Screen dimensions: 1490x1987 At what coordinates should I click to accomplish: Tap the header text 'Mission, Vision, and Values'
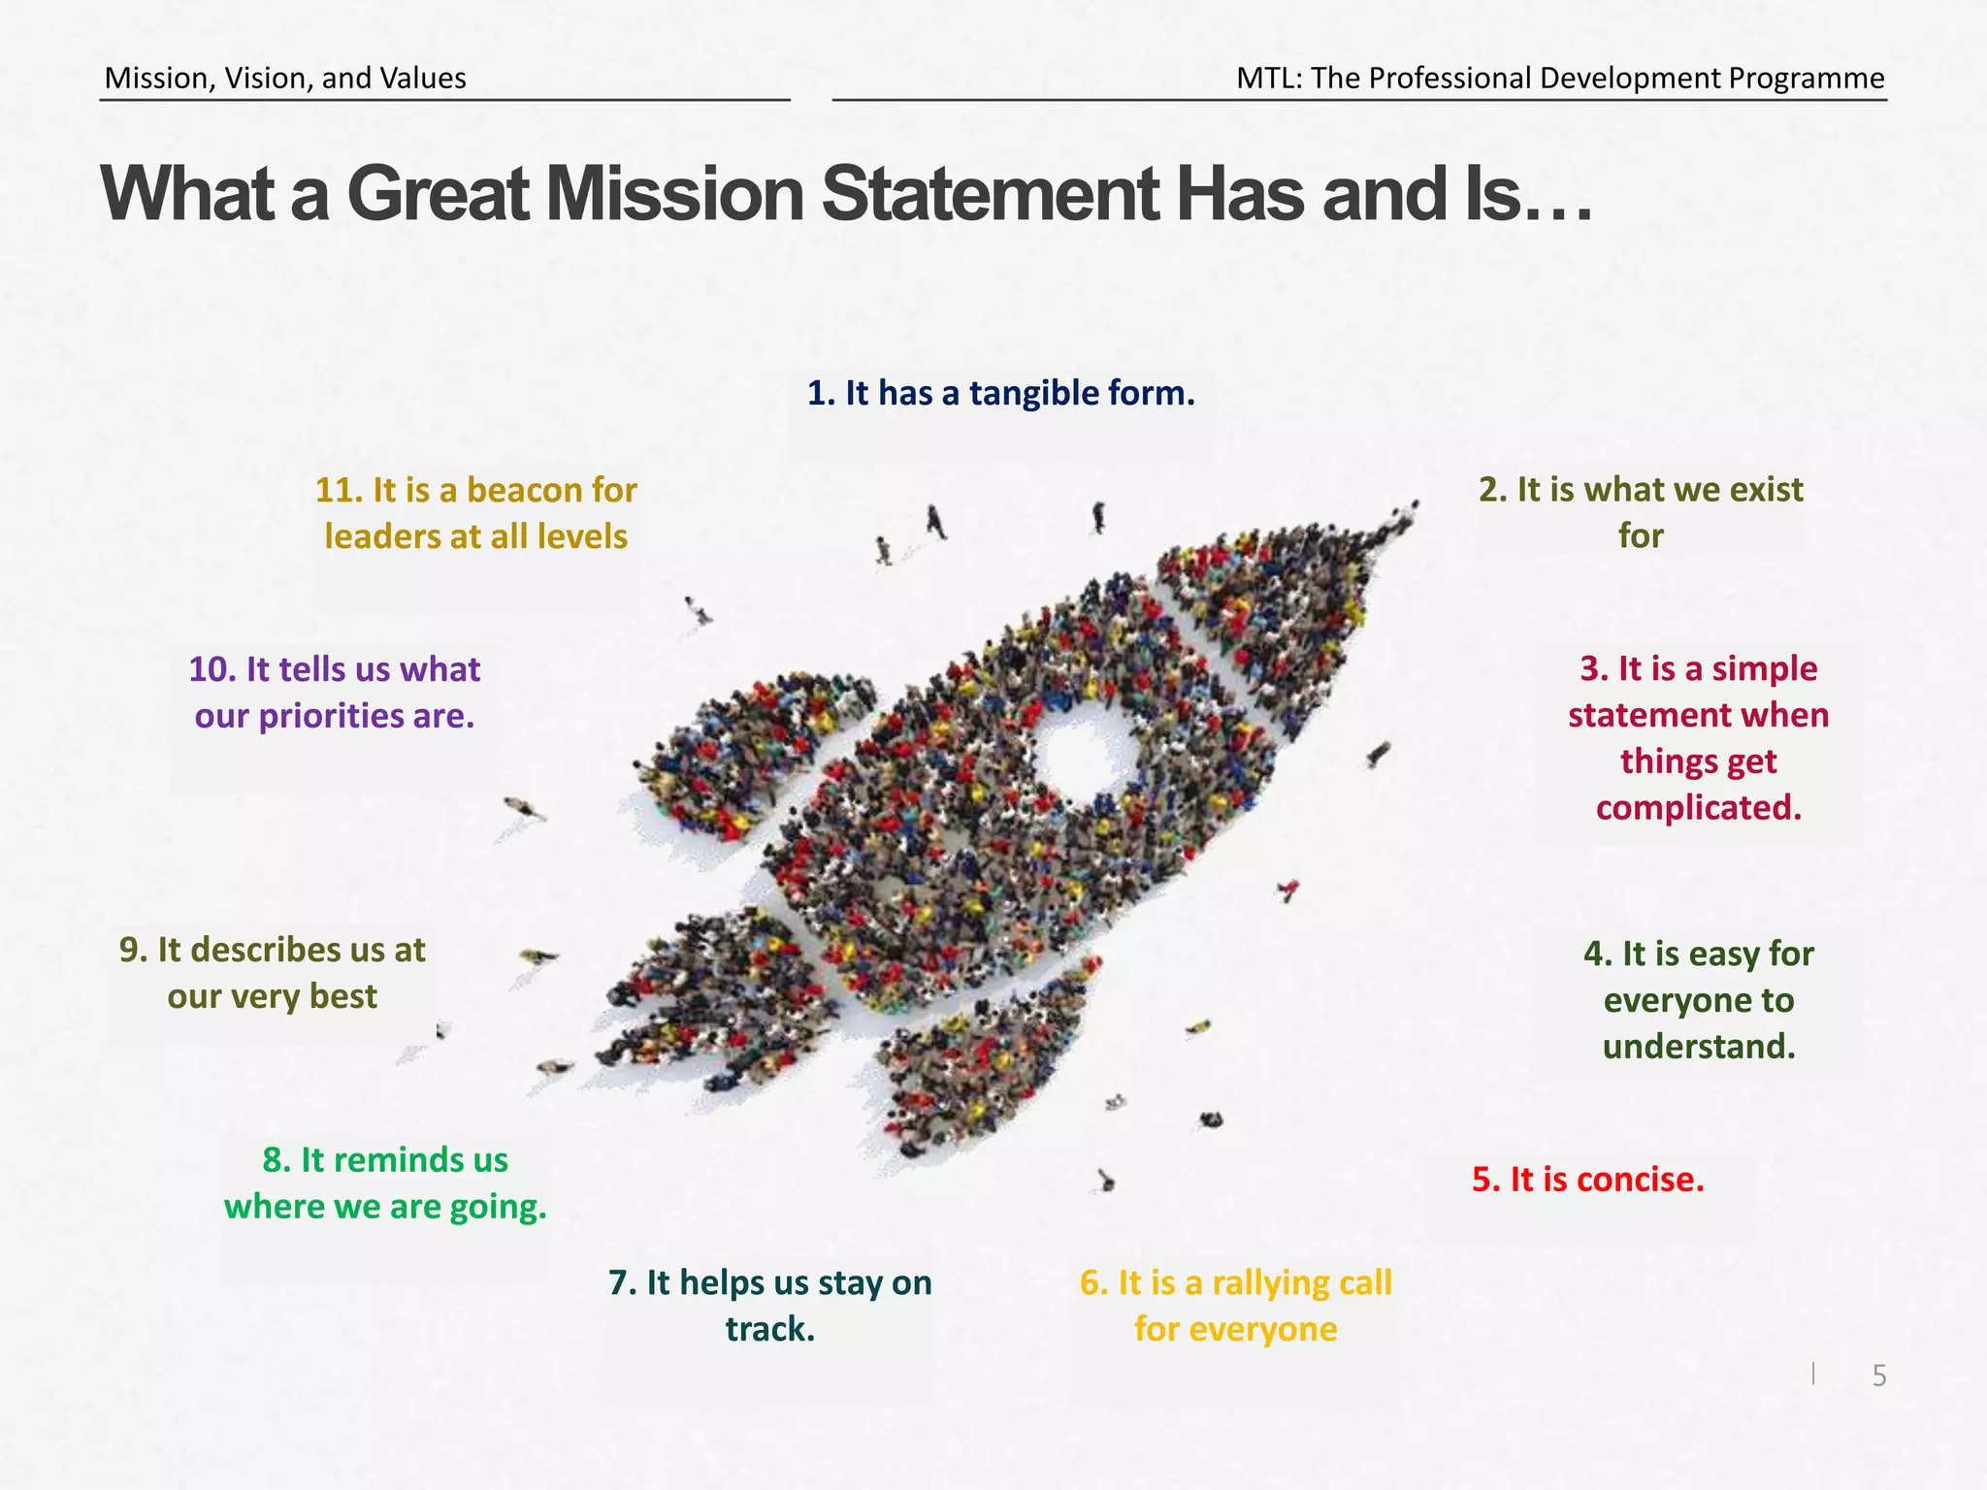285,78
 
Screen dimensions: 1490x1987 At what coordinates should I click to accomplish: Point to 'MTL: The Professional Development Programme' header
1560,78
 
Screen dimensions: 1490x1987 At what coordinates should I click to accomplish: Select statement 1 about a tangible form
1000,393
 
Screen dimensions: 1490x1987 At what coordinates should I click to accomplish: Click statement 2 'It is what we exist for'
1641,512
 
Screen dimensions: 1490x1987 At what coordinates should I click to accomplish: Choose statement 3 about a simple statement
1698,737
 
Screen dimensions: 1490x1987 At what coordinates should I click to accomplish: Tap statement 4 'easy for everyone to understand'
1698,999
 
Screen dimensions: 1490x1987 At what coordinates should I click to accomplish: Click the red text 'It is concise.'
1588,1179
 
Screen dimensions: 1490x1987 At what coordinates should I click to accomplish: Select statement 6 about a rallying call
1235,1305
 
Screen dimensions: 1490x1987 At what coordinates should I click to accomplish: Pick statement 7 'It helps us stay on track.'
770,1305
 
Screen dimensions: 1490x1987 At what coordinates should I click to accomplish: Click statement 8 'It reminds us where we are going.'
385,1182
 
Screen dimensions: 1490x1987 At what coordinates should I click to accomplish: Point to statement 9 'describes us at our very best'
273,972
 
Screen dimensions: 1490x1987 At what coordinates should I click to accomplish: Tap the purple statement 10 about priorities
335,692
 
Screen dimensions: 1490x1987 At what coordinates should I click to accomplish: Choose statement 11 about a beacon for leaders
475,512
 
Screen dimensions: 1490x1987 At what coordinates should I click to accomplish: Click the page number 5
1878,1376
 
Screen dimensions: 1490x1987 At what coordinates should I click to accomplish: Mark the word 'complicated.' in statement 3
1698,807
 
